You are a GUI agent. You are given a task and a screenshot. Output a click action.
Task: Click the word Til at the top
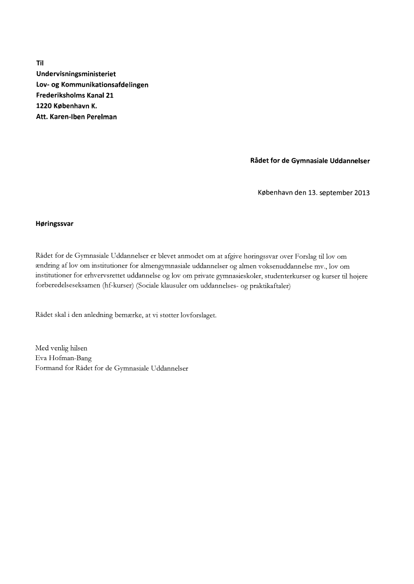pos(40,63)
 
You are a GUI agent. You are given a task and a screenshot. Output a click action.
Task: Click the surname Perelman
pos(101,117)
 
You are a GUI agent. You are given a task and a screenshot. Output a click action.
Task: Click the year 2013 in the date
pos(362,193)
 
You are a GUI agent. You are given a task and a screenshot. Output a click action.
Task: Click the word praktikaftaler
pos(267,286)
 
